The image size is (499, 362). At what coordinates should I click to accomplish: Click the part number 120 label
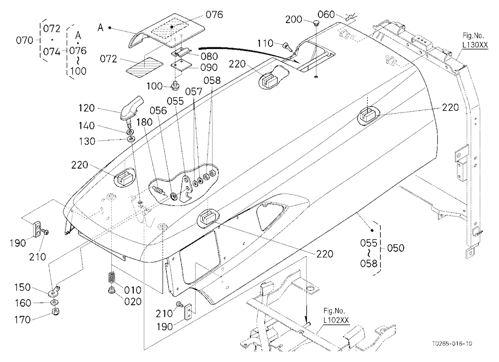point(86,108)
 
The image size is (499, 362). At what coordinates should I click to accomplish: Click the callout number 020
point(132,301)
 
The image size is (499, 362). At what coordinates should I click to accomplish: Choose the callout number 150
point(22,287)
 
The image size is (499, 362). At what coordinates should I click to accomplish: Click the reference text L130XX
point(475,45)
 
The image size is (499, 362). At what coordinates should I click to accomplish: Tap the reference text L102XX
point(336,320)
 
